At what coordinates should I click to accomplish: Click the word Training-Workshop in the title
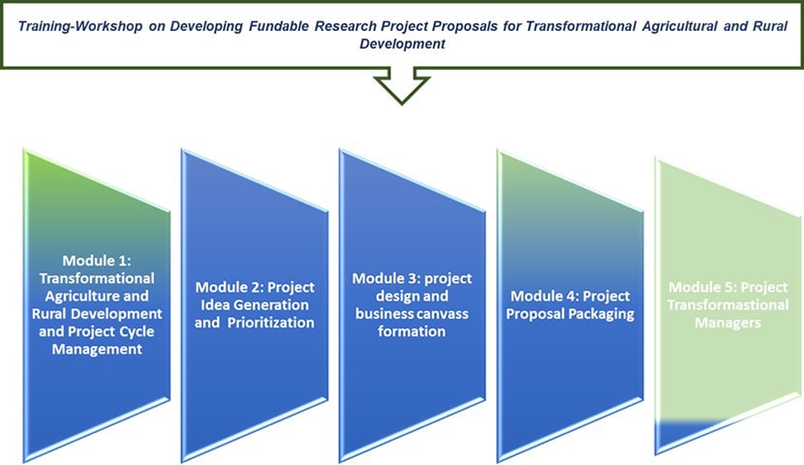pos(80,26)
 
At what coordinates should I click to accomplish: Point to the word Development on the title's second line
pos(402,44)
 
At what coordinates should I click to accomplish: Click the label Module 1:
pos(97,261)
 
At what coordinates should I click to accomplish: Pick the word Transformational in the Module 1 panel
pos(97,278)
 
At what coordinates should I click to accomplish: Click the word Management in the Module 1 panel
pos(97,349)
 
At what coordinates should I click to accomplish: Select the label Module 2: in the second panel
pos(230,287)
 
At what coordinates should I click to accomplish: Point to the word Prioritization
pos(270,323)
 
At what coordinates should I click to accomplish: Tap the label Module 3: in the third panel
pos(387,278)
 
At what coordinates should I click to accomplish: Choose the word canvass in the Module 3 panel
pos(443,313)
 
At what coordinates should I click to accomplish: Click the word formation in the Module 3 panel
pos(412,331)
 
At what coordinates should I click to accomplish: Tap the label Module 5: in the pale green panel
pos(702,287)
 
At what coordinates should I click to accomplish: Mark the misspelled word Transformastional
pos(727,305)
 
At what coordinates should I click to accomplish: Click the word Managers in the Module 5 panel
pos(727,323)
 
